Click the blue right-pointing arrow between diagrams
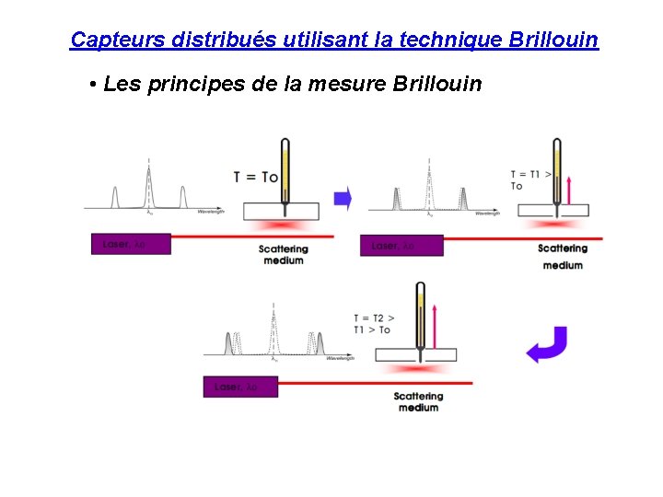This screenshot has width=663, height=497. click(x=343, y=198)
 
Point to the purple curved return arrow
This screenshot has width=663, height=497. click(x=546, y=345)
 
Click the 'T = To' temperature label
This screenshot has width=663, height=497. click(x=256, y=177)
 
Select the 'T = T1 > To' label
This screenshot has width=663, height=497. click(x=531, y=180)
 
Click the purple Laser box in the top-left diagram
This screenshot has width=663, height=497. click(x=131, y=245)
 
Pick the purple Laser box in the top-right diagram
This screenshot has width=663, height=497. click(x=401, y=246)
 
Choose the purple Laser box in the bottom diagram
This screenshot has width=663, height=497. click(x=240, y=387)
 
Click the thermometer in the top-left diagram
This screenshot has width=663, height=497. click(x=285, y=170)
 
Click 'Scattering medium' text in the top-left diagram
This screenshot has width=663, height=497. click(x=284, y=254)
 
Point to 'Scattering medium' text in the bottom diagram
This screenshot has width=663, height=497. click(x=418, y=401)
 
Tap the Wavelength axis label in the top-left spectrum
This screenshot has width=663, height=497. click(x=211, y=213)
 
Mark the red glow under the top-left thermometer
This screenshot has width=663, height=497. click(x=282, y=225)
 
